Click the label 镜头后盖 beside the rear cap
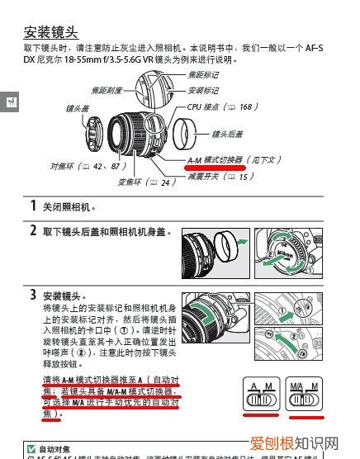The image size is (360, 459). [x=227, y=134]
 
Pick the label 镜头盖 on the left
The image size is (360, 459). [x=78, y=108]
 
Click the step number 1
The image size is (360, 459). [x=33, y=206]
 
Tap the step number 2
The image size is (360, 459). [x=33, y=231]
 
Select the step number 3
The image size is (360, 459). [x=33, y=295]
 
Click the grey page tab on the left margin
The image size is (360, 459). [x=9, y=102]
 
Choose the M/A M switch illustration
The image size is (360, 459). [x=302, y=398]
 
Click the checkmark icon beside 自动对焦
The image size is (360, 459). [x=31, y=448]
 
